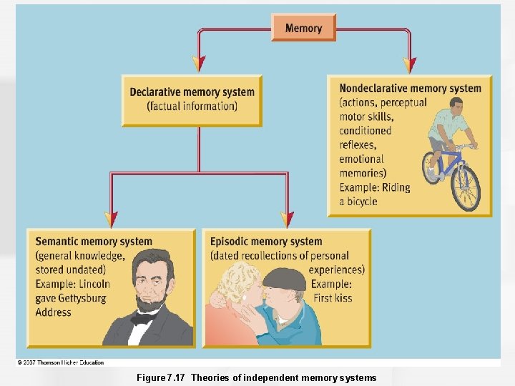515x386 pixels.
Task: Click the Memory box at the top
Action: point(303,28)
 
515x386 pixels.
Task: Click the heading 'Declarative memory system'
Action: point(192,92)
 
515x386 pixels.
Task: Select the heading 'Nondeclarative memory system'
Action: point(410,89)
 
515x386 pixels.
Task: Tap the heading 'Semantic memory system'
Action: point(94,242)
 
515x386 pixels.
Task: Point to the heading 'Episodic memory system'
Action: point(266,242)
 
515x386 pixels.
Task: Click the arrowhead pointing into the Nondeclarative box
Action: point(409,65)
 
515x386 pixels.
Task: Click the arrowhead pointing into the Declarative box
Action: point(200,65)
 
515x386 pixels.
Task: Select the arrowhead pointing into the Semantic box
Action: point(111,219)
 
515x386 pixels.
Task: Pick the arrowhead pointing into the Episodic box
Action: point(287,219)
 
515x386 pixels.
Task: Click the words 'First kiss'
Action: point(333,297)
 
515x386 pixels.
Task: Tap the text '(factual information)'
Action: point(192,107)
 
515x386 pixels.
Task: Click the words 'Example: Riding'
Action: point(374,187)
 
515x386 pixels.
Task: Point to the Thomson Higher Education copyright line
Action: point(61,362)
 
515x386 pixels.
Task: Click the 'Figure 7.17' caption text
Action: point(162,377)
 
